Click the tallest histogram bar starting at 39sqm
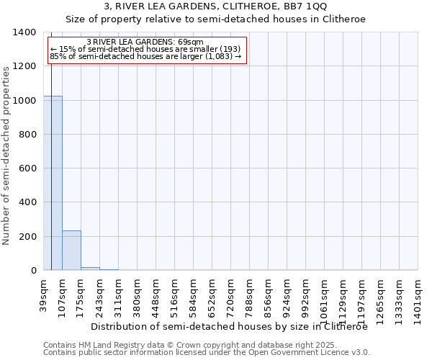[x=53, y=183]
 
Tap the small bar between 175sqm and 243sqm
[x=90, y=269]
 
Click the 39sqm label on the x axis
[x=43, y=294]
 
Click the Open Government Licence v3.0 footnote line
[x=207, y=353]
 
